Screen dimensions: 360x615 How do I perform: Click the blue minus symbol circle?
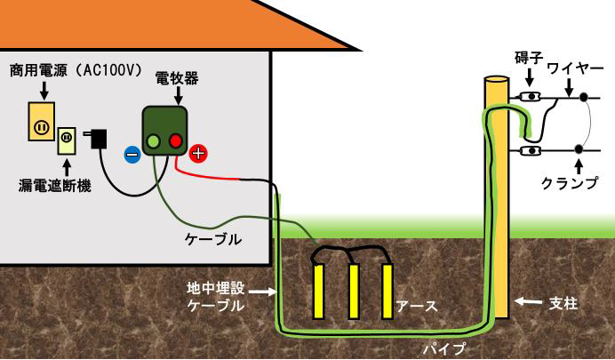(132, 154)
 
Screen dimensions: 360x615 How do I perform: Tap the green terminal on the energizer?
(154, 140)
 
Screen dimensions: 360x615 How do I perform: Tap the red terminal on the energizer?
(175, 140)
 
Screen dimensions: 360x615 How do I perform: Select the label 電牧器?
(178, 78)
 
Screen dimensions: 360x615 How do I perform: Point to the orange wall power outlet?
(40, 125)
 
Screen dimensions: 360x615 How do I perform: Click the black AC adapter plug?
(99, 139)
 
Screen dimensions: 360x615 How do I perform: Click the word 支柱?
(565, 304)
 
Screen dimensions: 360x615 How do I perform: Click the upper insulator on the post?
(531, 96)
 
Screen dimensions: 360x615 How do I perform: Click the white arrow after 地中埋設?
(260, 290)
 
